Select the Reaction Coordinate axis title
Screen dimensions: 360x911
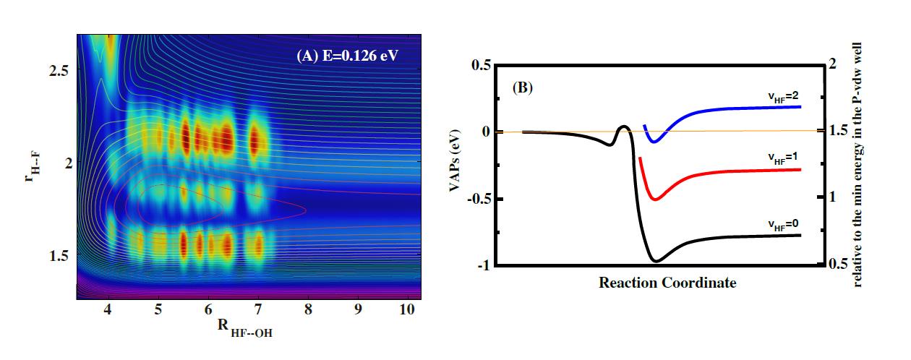(667, 283)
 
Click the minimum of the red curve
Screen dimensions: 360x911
(654, 199)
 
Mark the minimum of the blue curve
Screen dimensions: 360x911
(654, 142)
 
